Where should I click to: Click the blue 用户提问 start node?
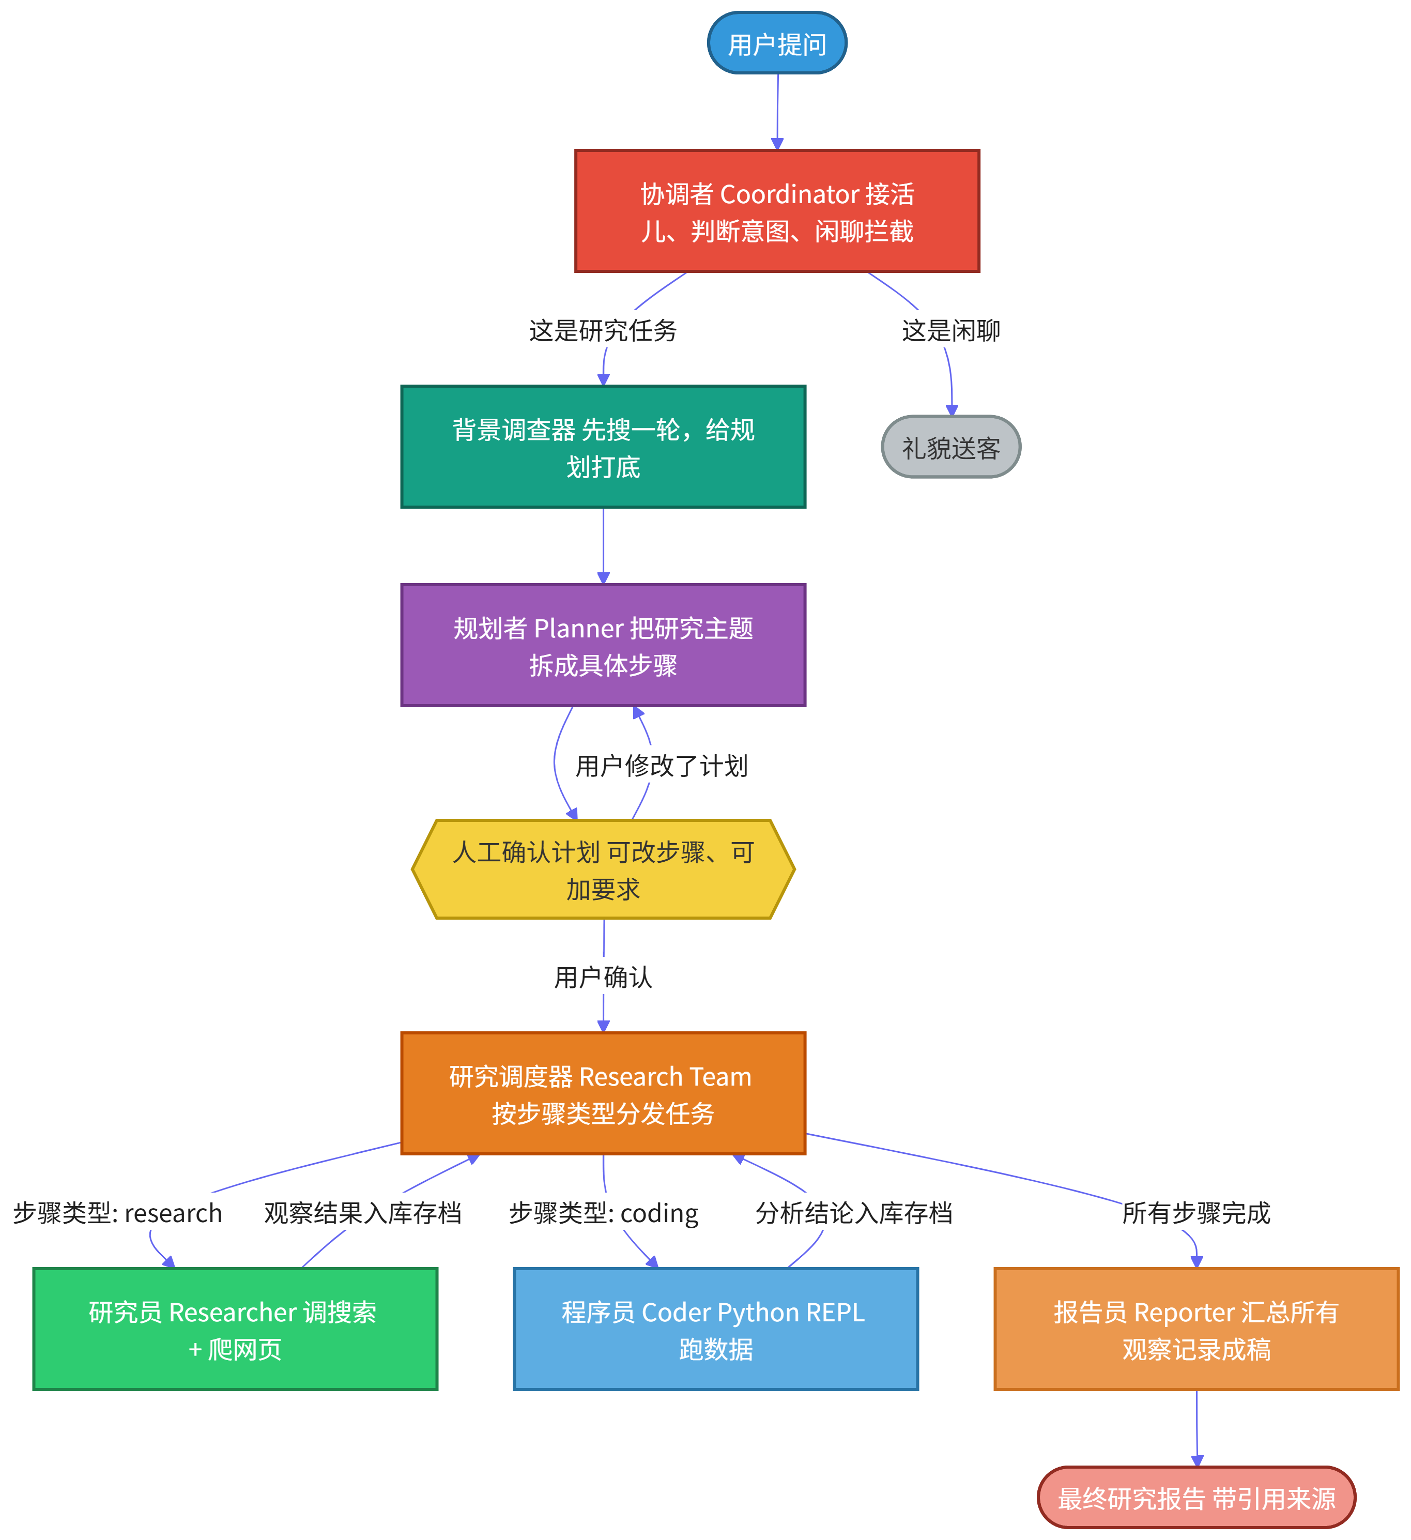pyautogui.click(x=777, y=43)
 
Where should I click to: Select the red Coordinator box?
pyautogui.click(x=777, y=211)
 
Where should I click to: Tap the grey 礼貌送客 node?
pyautogui.click(x=951, y=447)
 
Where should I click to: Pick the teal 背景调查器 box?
pyautogui.click(x=604, y=447)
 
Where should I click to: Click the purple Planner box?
pyautogui.click(x=604, y=646)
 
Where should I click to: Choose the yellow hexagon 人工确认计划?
pyautogui.click(x=604, y=870)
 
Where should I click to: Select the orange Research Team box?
pyautogui.click(x=604, y=1093)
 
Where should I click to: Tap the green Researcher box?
pyautogui.click(x=235, y=1329)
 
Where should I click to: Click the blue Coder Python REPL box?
pyautogui.click(x=716, y=1329)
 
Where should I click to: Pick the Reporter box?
pyautogui.click(x=1197, y=1329)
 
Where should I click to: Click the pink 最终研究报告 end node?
pyautogui.click(x=1197, y=1497)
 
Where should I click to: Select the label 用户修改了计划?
pyautogui.click(x=662, y=766)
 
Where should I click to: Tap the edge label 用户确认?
pyautogui.click(x=604, y=977)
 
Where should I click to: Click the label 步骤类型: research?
pyautogui.click(x=118, y=1213)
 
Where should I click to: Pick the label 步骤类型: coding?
pyautogui.click(x=604, y=1213)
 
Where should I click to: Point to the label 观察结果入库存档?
pyautogui.click(x=363, y=1213)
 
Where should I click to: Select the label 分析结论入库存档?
pyautogui.click(x=854, y=1213)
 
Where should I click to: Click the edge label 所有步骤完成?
pyautogui.click(x=1197, y=1213)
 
